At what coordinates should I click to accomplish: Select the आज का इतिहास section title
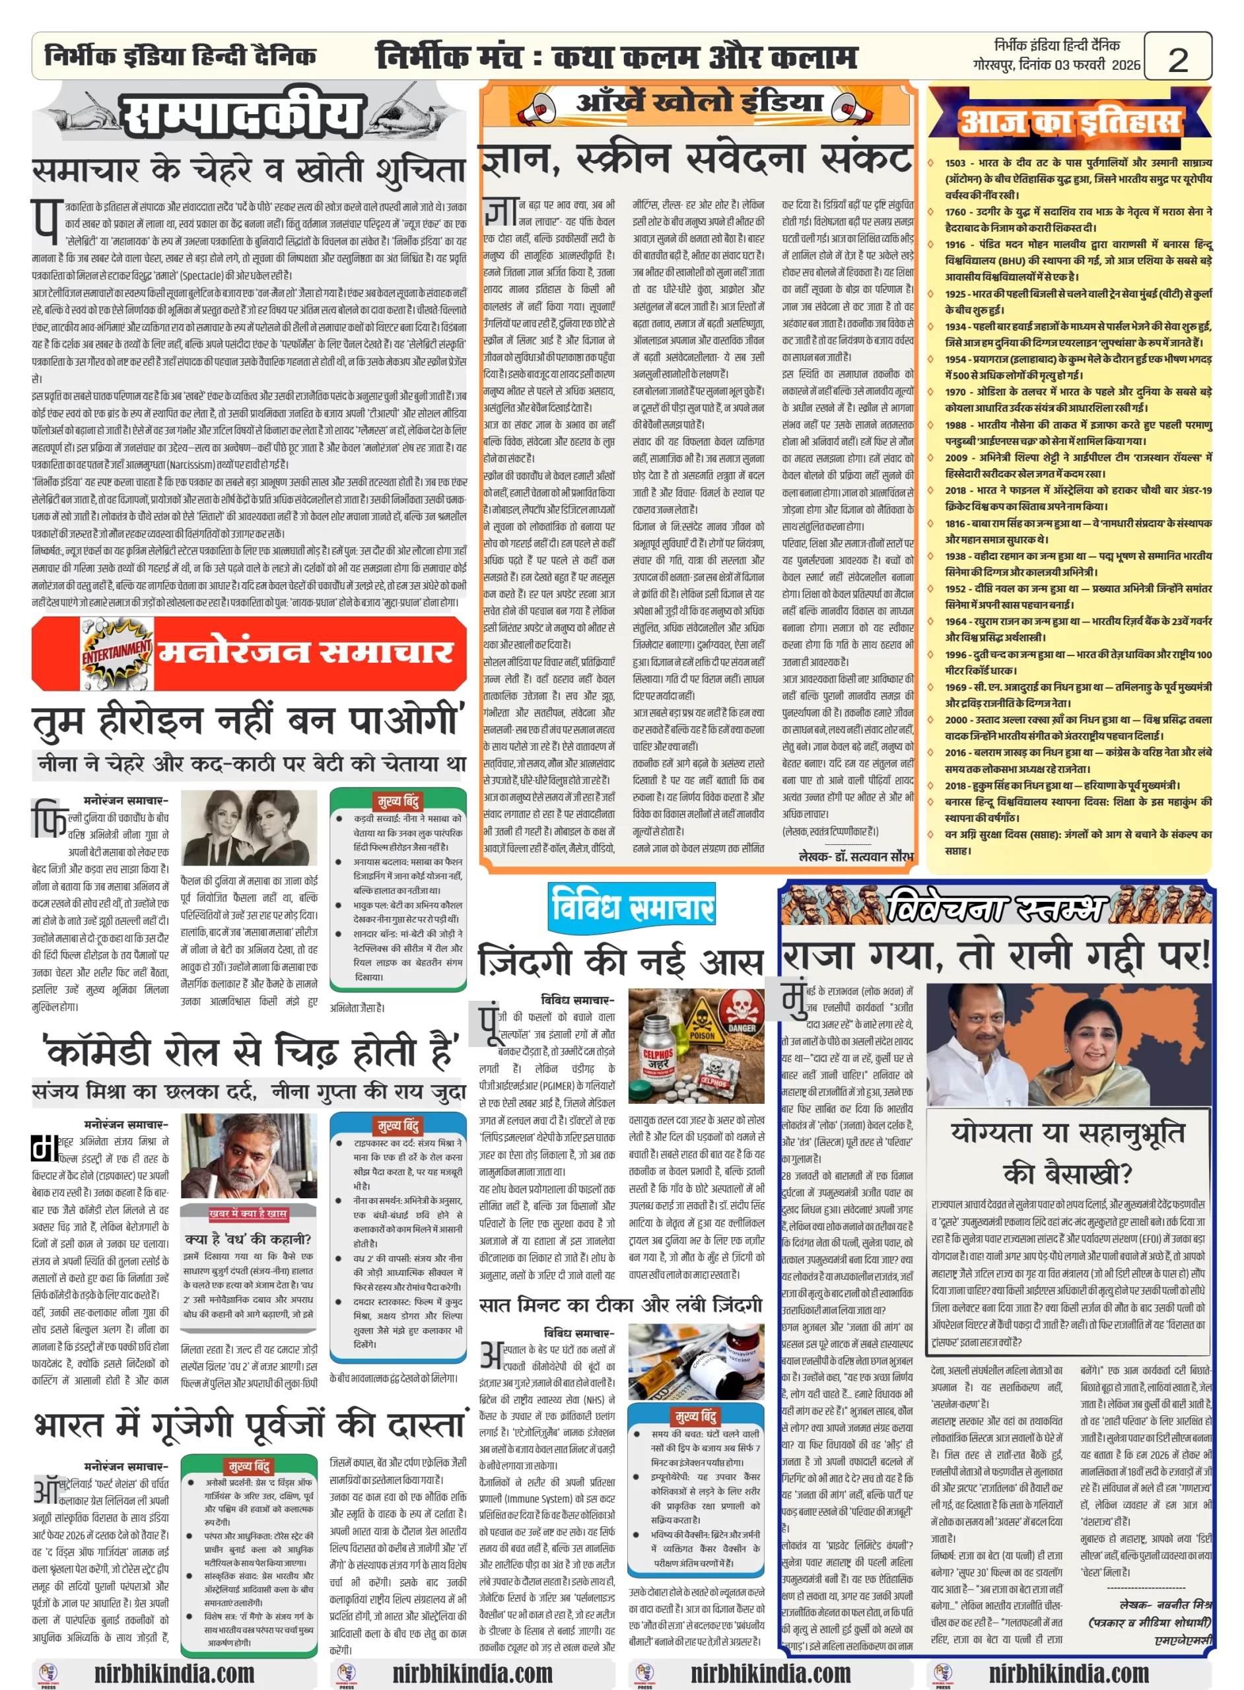[x=1069, y=121]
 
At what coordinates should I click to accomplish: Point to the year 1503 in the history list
[x=955, y=163]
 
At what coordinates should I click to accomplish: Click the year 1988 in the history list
[x=955, y=425]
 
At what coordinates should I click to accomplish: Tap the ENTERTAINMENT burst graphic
[x=117, y=652]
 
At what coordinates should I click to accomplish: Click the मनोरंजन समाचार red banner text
[x=305, y=652]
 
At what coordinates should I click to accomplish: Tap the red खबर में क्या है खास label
[x=248, y=1213]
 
